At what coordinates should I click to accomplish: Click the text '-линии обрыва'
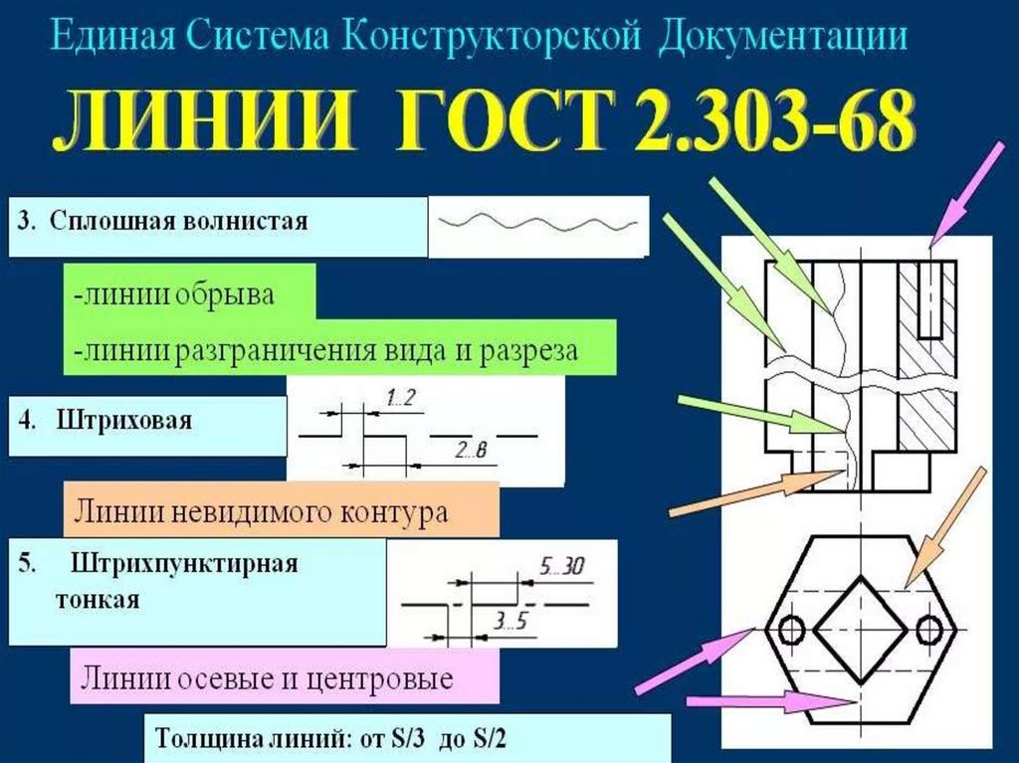(x=174, y=294)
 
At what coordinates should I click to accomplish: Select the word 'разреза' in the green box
(x=528, y=350)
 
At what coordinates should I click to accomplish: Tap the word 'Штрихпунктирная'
(x=185, y=565)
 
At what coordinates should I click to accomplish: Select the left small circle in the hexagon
(x=792, y=630)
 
